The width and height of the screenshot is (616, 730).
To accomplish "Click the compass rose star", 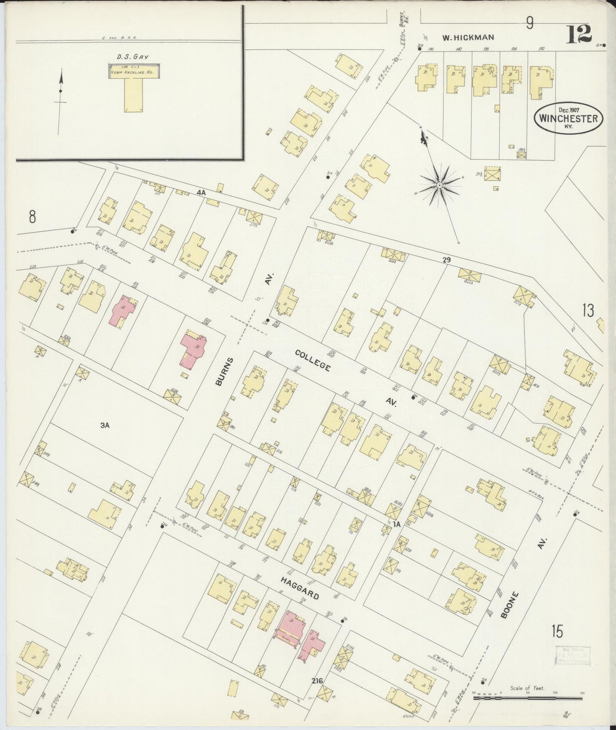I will [439, 185].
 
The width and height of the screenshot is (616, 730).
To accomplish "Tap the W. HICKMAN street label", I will [468, 37].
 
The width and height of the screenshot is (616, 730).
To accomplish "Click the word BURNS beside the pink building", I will [224, 372].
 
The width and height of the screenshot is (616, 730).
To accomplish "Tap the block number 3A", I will [105, 424].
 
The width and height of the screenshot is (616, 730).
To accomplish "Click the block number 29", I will [446, 259].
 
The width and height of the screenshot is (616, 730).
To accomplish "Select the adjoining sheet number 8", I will [32, 217].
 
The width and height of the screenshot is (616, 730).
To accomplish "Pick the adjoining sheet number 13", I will [588, 310].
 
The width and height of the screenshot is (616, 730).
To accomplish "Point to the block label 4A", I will [201, 193].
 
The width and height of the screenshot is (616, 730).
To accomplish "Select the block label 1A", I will [397, 524].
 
